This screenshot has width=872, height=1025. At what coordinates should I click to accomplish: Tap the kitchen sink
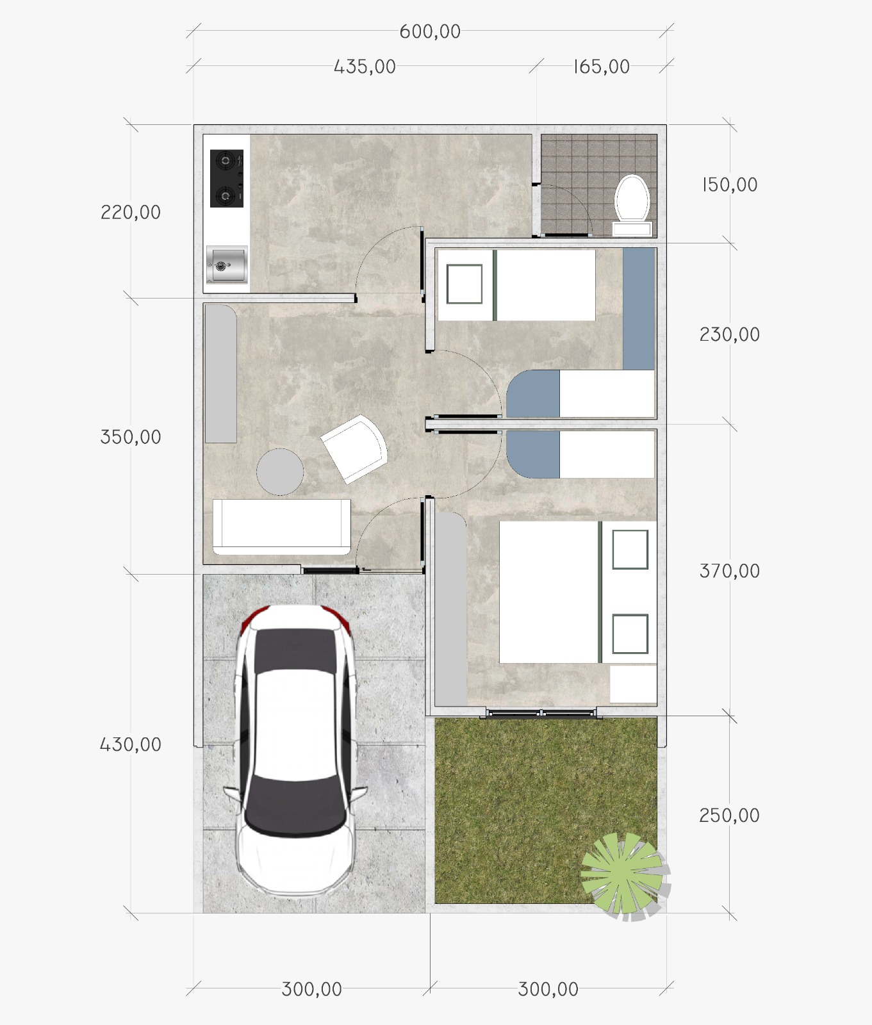click(227, 265)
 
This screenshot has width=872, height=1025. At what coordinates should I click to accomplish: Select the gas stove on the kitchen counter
click(227, 179)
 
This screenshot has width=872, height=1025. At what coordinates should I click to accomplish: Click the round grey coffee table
click(280, 471)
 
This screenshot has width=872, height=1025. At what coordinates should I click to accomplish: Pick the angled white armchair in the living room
click(354, 448)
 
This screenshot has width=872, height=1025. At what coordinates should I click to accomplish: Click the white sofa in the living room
click(281, 527)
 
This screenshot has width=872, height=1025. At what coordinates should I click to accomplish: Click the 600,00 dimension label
click(430, 31)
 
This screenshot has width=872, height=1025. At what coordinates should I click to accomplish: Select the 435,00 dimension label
click(365, 67)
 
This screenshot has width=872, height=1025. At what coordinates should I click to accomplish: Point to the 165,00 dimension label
click(601, 67)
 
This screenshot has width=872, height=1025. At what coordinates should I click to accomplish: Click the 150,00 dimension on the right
click(730, 184)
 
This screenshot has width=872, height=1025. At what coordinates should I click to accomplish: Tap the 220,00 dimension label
click(131, 212)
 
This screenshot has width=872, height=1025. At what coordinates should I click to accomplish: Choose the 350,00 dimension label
click(131, 437)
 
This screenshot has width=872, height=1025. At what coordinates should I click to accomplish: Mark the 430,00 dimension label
click(131, 744)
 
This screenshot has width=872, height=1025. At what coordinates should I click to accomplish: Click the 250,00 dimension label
click(729, 816)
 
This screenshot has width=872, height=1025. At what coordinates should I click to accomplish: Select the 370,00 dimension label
click(729, 571)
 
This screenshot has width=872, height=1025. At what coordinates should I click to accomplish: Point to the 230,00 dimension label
click(729, 334)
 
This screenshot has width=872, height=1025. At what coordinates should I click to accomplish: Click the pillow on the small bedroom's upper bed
click(465, 284)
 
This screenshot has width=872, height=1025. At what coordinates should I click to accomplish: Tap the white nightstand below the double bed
click(633, 684)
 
